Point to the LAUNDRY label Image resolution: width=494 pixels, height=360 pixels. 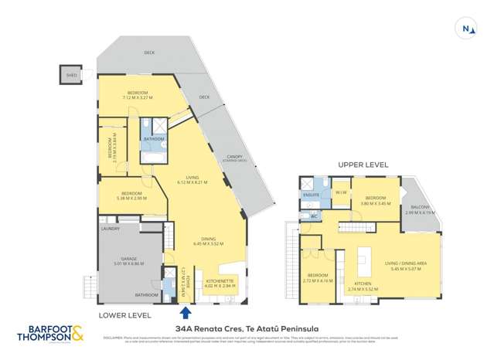pos(108,229)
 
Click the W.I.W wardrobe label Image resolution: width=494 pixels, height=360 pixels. pos(340,192)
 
